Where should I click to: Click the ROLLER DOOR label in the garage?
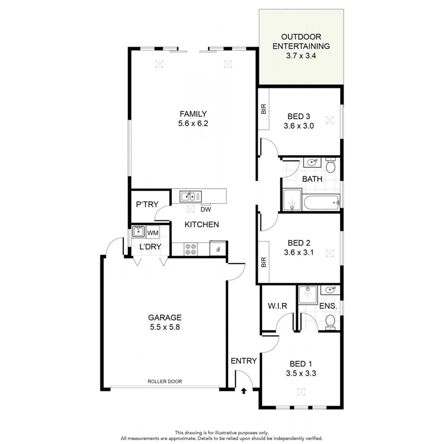[165, 381]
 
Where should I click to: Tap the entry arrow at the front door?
[243, 391]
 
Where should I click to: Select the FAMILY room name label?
[193, 113]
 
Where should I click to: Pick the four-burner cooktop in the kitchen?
[190, 249]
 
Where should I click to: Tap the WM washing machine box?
[152, 232]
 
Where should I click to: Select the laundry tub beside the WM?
[138, 232]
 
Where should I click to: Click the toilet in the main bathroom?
[331, 166]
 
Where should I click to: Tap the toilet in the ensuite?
[331, 322]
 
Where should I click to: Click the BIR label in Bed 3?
[263, 109]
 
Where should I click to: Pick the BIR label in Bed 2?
[263, 261]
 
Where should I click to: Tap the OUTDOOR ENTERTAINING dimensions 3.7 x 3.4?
[301, 56]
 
